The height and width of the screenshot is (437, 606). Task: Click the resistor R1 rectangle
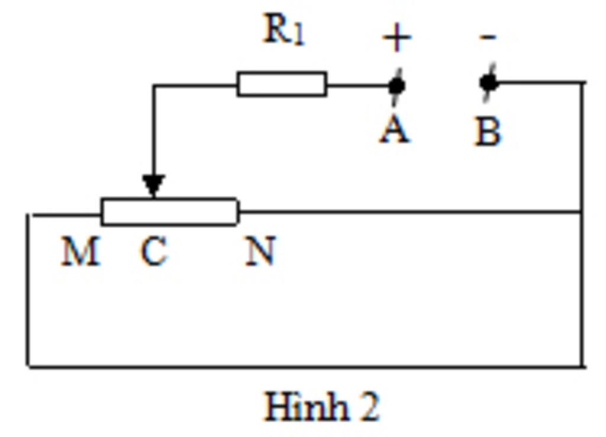point(282,84)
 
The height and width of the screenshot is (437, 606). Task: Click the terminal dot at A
point(397,86)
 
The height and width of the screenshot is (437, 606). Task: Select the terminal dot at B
point(489,83)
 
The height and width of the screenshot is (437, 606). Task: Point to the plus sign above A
point(397,38)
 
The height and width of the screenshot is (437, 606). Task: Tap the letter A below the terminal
point(395,130)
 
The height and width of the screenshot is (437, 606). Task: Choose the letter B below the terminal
point(488,131)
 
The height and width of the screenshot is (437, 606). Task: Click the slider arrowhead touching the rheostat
point(153,185)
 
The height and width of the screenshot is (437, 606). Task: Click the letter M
point(80,251)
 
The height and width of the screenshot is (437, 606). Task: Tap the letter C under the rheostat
point(154,252)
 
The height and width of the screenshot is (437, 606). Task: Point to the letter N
point(261,251)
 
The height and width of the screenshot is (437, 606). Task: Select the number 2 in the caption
point(368,407)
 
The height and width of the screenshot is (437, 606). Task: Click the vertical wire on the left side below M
point(28,290)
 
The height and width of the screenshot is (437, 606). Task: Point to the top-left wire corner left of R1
point(154,86)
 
